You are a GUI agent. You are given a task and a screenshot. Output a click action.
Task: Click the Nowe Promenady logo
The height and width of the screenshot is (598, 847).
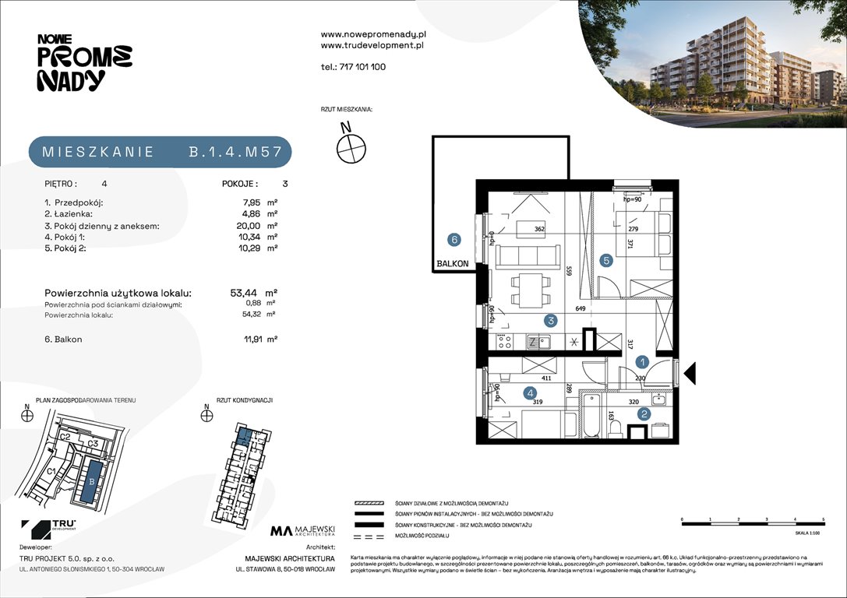(84, 63)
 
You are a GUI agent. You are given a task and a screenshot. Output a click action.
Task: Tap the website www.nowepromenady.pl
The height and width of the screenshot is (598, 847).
(372, 34)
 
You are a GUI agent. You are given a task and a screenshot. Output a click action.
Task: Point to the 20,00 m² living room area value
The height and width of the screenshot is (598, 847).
(243, 227)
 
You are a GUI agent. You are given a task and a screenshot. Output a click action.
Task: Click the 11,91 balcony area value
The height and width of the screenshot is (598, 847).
(245, 339)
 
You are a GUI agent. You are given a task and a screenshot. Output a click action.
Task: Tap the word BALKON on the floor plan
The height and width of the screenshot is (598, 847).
(453, 264)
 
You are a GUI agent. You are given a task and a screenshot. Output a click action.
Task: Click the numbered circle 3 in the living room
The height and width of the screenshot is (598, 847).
(550, 320)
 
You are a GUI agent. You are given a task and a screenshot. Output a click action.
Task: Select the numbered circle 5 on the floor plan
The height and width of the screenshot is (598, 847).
(607, 260)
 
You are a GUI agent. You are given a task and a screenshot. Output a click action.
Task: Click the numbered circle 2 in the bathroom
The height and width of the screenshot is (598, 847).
(644, 414)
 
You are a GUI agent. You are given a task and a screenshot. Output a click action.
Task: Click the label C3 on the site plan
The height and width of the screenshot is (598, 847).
(92, 444)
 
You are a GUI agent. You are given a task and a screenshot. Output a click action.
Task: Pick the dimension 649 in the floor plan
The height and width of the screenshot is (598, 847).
(580, 309)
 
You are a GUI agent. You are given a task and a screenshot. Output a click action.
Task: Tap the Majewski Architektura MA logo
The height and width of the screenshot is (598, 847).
(302, 532)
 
